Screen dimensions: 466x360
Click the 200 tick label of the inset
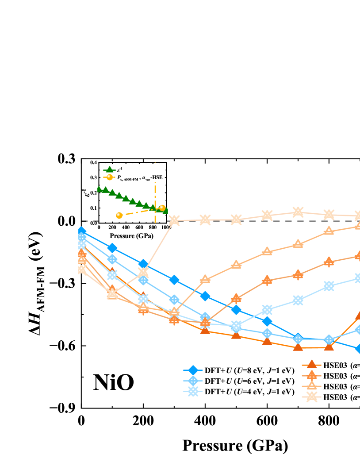pyautogui.click(x=112, y=227)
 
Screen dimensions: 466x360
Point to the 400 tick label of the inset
pyautogui.click(x=126, y=227)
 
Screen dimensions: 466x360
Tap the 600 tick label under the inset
pyautogui.click(x=139, y=227)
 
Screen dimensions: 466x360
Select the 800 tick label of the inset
pyautogui.click(x=153, y=227)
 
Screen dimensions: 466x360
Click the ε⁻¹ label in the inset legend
pyautogui.click(x=119, y=169)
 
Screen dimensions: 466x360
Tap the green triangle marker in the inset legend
pyautogui.click(x=109, y=169)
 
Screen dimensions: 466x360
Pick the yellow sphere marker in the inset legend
pyautogui.click(x=109, y=177)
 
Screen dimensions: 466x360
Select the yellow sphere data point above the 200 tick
pyautogui.click(x=119, y=215)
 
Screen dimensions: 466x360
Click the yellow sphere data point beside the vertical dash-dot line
pyautogui.click(x=162, y=208)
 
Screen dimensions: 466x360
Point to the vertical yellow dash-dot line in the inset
pyautogui.click(x=155, y=195)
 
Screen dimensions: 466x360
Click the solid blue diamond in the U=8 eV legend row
pyautogui.click(x=193, y=370)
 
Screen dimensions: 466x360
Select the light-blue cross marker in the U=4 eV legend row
pyautogui.click(x=193, y=392)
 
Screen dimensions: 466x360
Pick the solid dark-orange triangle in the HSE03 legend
pyautogui.click(x=311, y=365)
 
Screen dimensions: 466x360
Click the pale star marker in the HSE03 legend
pyautogui.click(x=311, y=397)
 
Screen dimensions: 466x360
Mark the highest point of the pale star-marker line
pyautogui.click(x=298, y=212)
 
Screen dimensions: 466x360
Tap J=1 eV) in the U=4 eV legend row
pyautogui.click(x=281, y=392)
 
